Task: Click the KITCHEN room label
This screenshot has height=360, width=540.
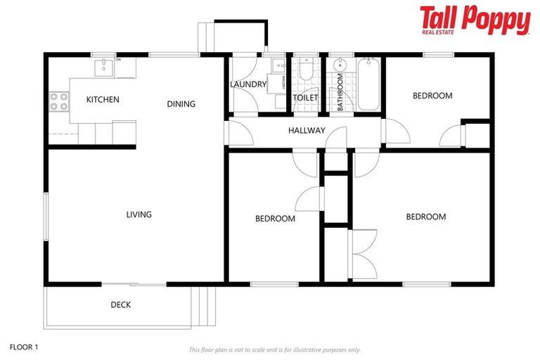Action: pos(103,99)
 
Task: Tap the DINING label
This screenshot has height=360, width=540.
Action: pos(181,104)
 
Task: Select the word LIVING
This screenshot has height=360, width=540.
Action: pos(139,214)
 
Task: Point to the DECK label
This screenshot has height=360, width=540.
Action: pos(120,304)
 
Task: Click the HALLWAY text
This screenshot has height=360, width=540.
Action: pos(307,130)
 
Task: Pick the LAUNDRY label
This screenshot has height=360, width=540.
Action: pos(248,85)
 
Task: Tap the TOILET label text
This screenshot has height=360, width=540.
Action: pos(305,98)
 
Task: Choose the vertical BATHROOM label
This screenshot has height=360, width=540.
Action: pos(340,92)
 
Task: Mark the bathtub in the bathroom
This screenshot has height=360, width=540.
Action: pos(368,85)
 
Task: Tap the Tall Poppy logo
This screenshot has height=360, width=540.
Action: pos(475,20)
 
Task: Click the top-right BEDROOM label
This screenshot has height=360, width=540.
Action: pos(432,96)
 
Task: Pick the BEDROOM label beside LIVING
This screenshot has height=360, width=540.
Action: pos(275,219)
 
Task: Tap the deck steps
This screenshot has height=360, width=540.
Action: pos(205,307)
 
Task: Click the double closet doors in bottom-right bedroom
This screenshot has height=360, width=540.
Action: pos(363,252)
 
